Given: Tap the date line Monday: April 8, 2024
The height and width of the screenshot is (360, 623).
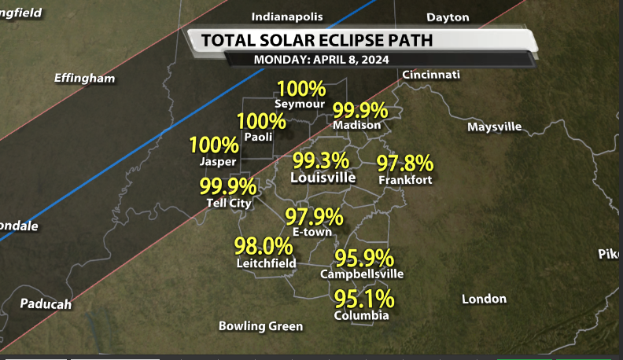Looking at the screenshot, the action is [320, 60].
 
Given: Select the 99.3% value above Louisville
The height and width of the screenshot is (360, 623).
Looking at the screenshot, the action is [320, 161].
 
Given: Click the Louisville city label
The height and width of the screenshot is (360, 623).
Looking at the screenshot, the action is [323, 178].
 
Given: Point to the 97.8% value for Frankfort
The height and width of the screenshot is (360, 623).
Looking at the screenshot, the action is [405, 164].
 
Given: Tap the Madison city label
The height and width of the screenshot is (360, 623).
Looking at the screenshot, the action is [357, 125].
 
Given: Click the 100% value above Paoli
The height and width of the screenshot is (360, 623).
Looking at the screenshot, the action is [261, 121].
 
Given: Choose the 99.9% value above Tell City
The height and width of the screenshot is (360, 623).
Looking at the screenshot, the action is [227, 187].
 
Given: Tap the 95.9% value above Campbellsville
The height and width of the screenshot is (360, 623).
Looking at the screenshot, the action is [364, 258].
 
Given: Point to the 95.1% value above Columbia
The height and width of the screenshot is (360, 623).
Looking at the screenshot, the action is [364, 299].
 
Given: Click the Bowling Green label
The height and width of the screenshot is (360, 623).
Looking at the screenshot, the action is [260, 326].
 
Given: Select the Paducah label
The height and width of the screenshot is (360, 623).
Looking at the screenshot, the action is [46, 304].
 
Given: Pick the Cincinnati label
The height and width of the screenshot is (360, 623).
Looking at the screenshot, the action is [430, 75].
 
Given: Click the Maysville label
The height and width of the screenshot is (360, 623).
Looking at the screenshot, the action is [494, 127].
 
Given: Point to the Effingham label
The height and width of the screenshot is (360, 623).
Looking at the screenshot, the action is [84, 79].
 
